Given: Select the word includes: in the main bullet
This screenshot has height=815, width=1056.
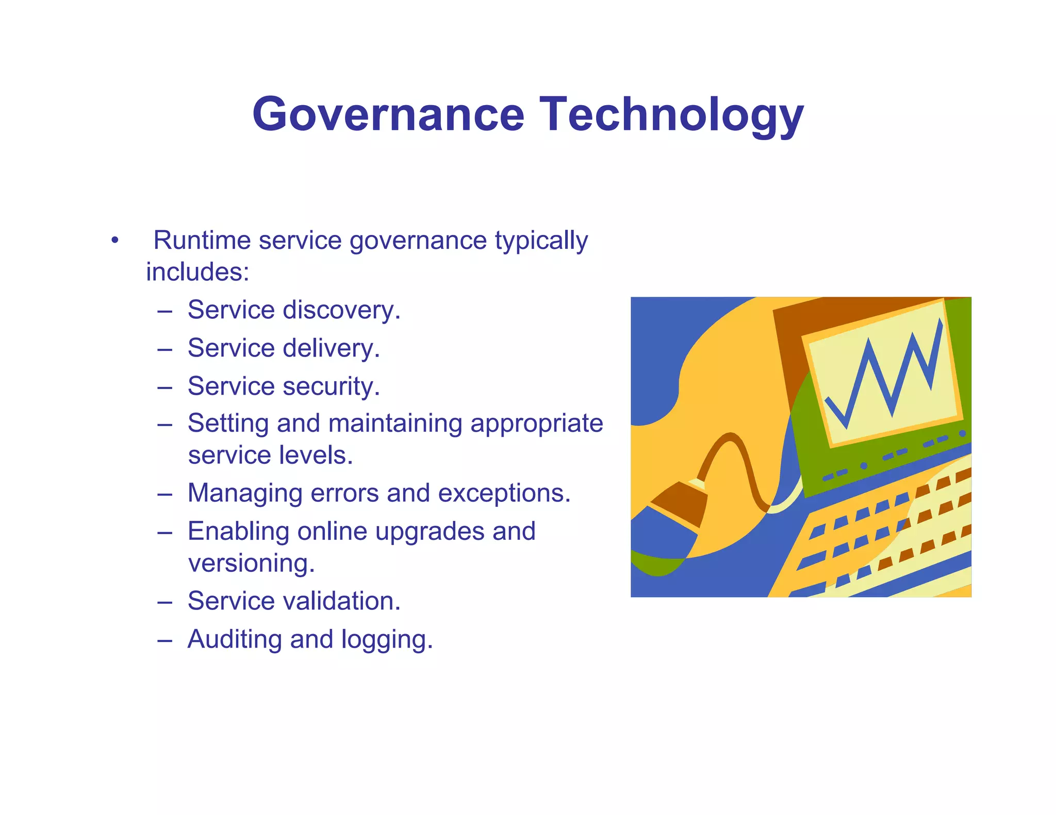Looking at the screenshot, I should [x=197, y=272].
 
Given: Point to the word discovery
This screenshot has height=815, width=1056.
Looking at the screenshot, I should [x=341, y=310].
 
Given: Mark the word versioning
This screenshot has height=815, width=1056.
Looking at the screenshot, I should [x=251, y=563].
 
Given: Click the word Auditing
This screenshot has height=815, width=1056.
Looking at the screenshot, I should [x=235, y=639].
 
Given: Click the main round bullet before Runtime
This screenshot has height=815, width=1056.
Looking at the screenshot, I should [x=114, y=241].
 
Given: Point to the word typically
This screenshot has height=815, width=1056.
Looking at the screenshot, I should [x=541, y=241].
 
